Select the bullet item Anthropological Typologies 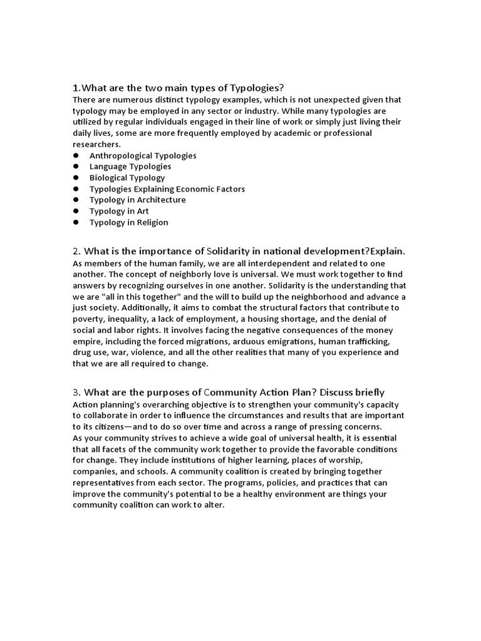pos(143,155)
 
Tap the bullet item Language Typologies pos(130,167)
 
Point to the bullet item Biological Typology pos(127,178)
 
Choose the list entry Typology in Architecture pos(137,200)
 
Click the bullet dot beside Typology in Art pos(76,212)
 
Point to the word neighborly pos(193,274)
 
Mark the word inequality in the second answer pos(129,319)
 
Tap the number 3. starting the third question pos(77,392)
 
